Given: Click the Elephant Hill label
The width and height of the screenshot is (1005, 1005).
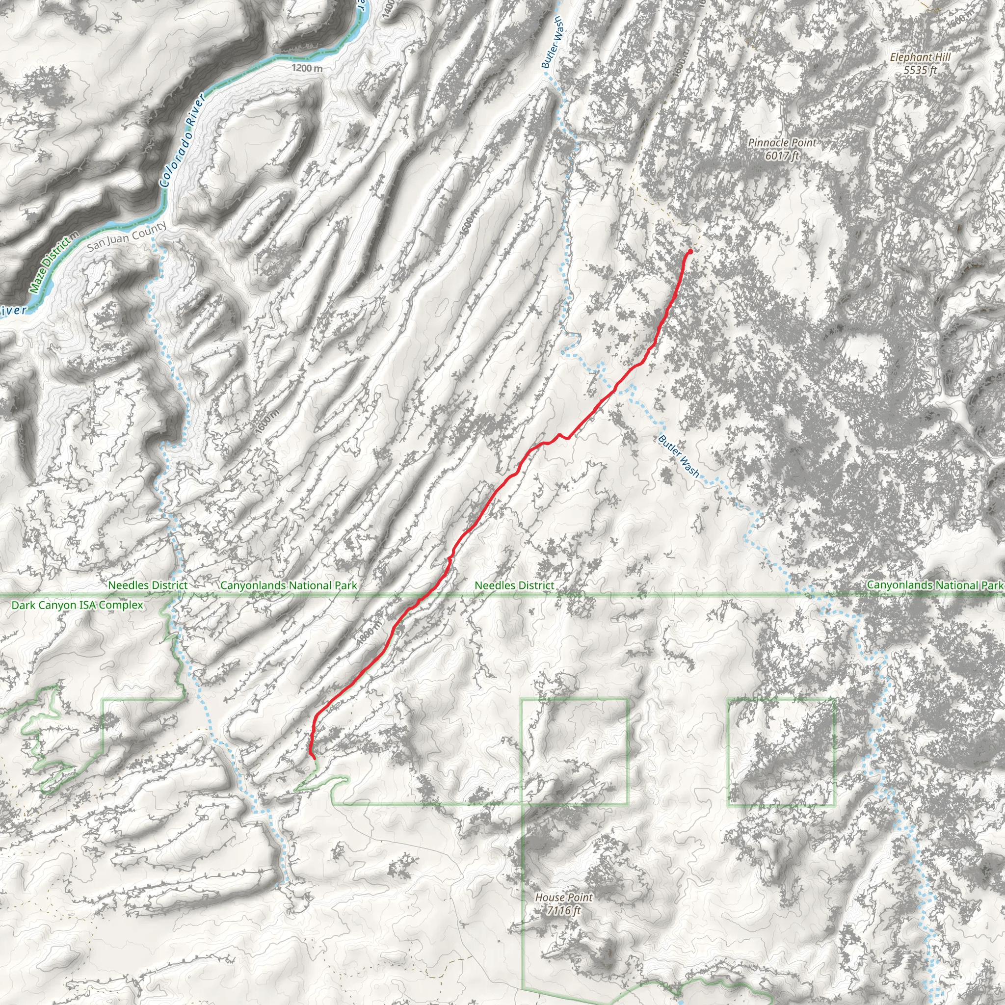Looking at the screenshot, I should point(920,57).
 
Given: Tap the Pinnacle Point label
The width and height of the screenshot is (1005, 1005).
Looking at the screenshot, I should point(782,142).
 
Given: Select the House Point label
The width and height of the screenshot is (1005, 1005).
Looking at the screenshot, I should point(563,897).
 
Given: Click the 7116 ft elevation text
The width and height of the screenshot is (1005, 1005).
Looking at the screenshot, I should point(563,910).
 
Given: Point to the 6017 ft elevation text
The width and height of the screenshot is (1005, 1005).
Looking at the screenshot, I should point(782,156).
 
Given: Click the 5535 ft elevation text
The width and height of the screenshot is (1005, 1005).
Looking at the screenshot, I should point(920,70).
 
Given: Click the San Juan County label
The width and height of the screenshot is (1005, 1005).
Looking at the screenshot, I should point(127,237).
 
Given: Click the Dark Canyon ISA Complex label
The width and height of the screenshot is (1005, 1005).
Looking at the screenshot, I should point(77,605).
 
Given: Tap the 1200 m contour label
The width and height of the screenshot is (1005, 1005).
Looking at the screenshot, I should point(307,68).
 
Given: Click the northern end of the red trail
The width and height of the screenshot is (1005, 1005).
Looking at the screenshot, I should point(690,252).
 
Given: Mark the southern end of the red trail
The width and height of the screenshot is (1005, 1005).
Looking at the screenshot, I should point(314,759).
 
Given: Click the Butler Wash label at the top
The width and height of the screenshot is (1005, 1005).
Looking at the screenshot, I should point(552,43).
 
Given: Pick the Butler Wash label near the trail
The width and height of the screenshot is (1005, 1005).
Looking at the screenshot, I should point(678,456).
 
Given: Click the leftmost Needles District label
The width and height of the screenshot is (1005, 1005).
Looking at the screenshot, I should point(148,585).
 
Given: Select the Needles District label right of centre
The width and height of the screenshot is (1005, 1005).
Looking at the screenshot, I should point(514,586).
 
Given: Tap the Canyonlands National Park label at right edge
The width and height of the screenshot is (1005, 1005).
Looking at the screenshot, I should point(935,584).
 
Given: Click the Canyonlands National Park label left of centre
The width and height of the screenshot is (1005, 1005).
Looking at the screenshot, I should point(289,585).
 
